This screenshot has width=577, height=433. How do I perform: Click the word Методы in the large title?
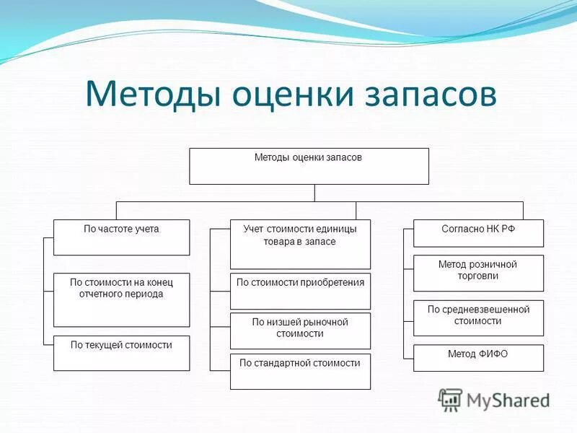click(153, 94)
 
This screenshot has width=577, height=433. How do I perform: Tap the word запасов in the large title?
click(431, 95)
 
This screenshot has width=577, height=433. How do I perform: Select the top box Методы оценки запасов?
click(309, 166)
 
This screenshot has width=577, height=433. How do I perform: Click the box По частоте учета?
click(121, 237)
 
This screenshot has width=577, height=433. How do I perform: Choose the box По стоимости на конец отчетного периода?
click(121, 299)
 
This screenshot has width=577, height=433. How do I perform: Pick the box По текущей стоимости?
click(121, 353)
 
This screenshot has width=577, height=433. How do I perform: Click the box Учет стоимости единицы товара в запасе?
click(300, 245)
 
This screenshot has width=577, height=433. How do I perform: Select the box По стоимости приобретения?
click(300, 292)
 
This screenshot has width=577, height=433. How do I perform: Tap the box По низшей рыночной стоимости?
click(300, 331)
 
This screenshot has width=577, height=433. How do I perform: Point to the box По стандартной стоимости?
click(300, 372)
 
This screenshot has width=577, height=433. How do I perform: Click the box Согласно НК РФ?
click(478, 233)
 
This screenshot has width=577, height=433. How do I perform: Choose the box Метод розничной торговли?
click(478, 274)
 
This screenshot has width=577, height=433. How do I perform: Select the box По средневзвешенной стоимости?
click(478, 318)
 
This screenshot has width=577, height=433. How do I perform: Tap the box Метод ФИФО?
click(478, 358)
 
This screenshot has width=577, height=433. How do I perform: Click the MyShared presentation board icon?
click(449, 400)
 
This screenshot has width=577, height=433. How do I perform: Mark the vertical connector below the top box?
click(314, 193)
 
